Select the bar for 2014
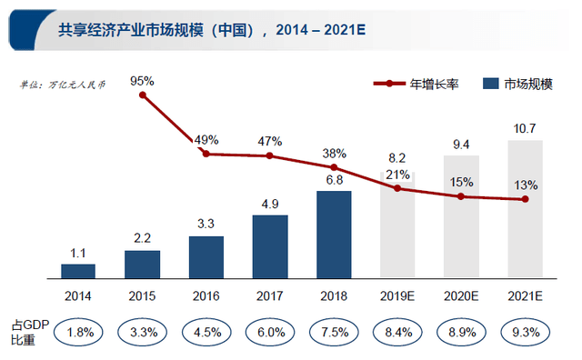(78, 270)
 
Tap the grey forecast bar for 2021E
(525, 209)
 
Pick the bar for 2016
(206, 256)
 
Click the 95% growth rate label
(143, 81)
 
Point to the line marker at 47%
(270, 155)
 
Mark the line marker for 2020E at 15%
(461, 196)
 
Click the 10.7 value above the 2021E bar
(525, 128)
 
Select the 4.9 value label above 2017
(270, 204)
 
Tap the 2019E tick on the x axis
(397, 295)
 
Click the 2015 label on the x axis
(142, 295)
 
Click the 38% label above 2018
(334, 154)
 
